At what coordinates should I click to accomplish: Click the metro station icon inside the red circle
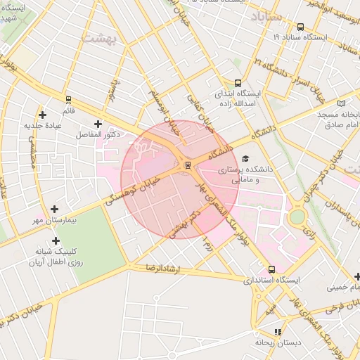coord(187,166)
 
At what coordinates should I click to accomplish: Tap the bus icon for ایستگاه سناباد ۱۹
coord(301,27)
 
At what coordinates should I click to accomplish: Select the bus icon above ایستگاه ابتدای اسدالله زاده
coord(238,82)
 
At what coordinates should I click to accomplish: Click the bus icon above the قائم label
coord(68,100)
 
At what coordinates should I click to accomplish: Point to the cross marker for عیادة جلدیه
coord(43,114)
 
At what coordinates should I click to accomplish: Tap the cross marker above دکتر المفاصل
coord(98,124)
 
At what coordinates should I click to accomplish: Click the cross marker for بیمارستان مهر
coord(54,209)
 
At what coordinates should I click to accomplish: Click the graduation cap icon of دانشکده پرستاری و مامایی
coord(245,159)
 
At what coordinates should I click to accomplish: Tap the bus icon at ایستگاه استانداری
coord(271,269)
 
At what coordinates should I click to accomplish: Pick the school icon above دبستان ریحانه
coord(278,332)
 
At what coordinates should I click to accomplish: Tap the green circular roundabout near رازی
coord(297,216)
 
